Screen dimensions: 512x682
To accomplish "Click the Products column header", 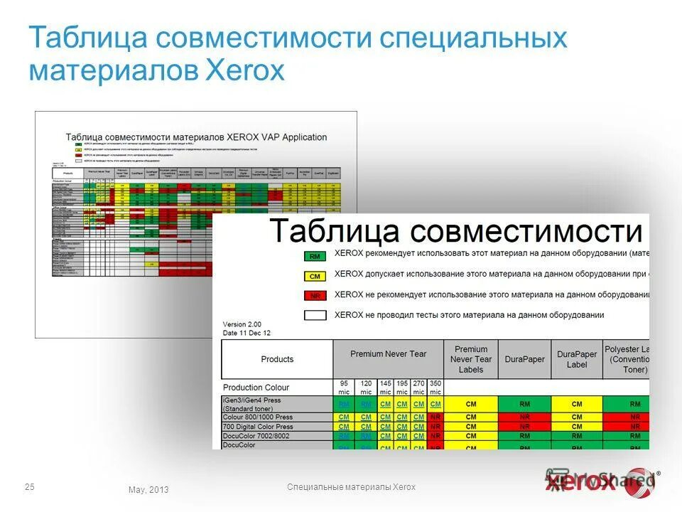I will (277, 359).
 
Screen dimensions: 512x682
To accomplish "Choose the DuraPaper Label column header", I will (577, 359).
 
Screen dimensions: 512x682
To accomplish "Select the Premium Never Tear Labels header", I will (471, 359).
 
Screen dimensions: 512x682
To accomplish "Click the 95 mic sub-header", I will (344, 388).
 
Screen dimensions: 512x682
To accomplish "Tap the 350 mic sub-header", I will (435, 388).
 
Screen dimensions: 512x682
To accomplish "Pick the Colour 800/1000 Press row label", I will (257, 417).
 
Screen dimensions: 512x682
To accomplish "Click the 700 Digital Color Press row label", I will (258, 427).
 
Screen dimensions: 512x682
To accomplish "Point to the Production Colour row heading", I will (256, 388).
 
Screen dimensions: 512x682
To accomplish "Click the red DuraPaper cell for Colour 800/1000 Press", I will (524, 417).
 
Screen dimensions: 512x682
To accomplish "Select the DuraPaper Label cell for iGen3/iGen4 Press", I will (577, 404).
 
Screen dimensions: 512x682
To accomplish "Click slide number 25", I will (29, 487).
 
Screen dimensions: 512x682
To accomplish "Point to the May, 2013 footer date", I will (148, 489).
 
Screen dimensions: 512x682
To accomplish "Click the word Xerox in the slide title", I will (244, 71).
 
